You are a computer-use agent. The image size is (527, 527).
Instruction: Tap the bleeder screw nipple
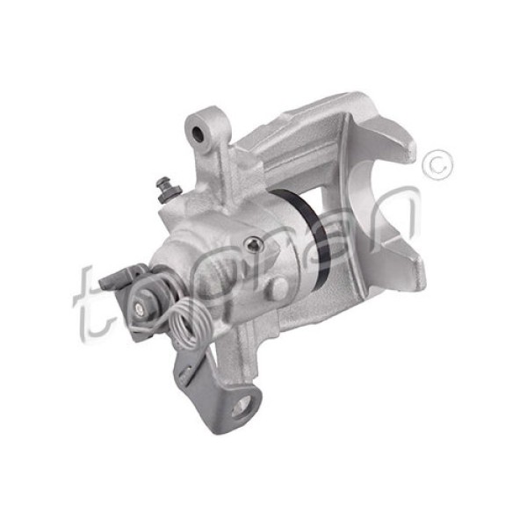coord(164,187)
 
